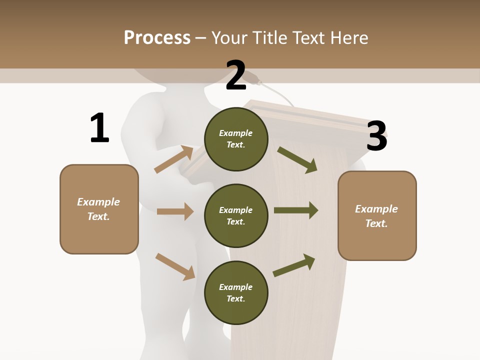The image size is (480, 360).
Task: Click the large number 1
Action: [99, 128]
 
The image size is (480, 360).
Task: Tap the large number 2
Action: [236, 75]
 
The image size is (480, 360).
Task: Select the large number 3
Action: [376, 135]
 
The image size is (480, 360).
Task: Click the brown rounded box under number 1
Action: [99, 209]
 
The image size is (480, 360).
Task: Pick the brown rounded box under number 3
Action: [377, 216]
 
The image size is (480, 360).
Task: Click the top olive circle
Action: [236, 139]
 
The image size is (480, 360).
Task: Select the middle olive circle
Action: [236, 216]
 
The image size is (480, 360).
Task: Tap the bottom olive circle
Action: [236, 293]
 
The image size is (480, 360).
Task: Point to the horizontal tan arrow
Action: [175, 211]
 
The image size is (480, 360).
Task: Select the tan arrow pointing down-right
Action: [175, 266]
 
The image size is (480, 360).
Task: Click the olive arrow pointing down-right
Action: [297, 159]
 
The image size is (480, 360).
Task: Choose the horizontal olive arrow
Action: [296, 210]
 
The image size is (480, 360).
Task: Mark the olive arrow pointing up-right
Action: [294, 265]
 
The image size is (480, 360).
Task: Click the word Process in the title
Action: [157, 37]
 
